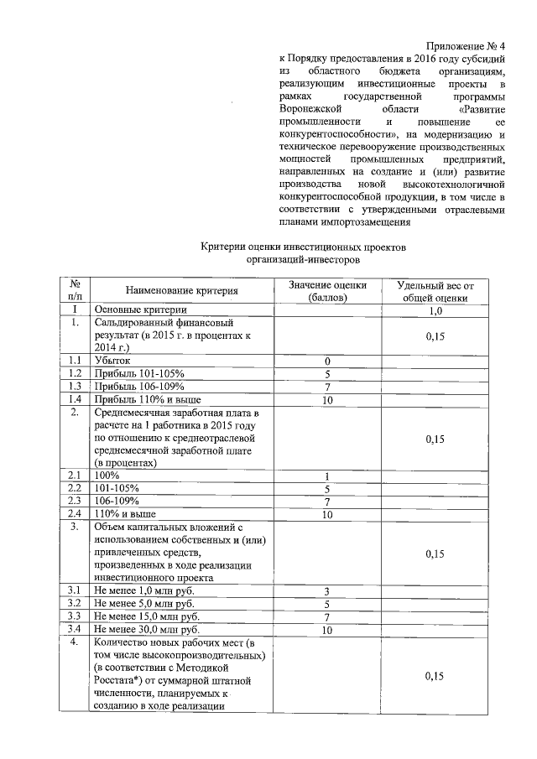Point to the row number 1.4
point(75,399)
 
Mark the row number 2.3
point(75,501)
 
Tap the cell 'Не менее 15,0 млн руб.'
point(146,616)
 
